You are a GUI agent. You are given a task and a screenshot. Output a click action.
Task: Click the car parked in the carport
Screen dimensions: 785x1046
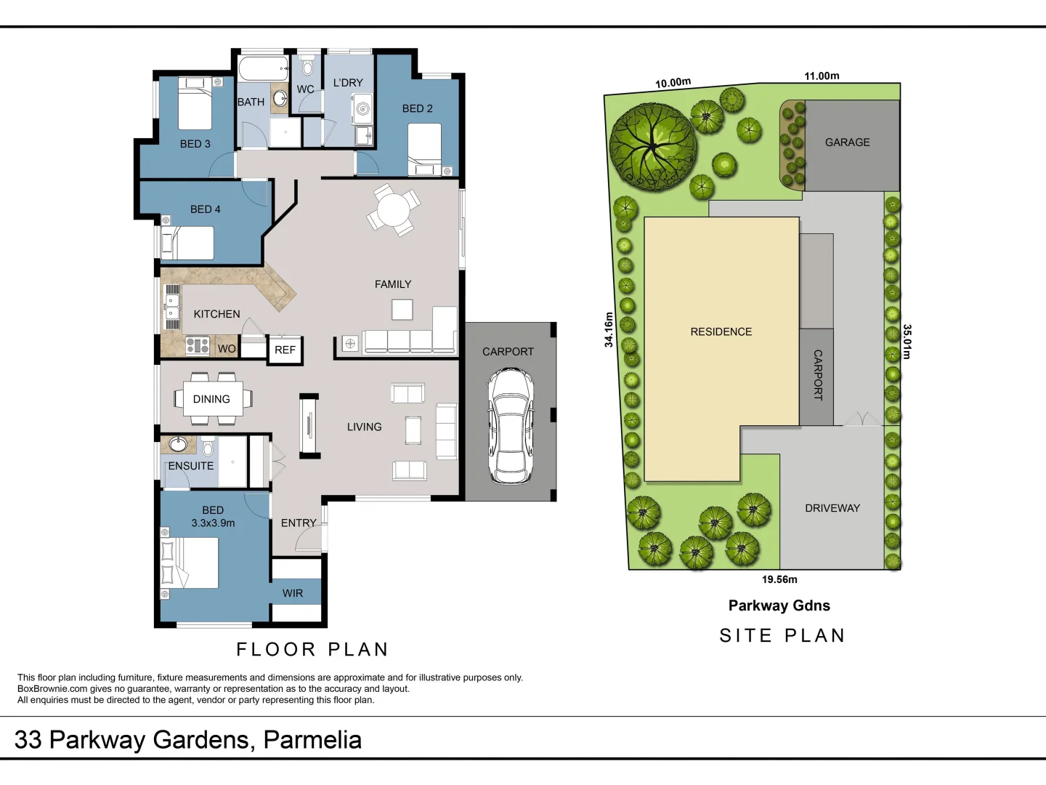[x=511, y=425]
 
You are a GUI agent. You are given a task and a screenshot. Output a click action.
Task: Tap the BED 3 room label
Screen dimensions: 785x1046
[x=195, y=144]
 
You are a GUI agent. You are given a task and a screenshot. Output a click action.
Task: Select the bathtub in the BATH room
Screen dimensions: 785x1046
[x=263, y=70]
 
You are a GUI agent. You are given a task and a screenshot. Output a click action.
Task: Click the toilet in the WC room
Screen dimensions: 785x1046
[x=307, y=68]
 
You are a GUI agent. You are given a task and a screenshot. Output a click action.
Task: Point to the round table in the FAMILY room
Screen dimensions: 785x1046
[x=393, y=211]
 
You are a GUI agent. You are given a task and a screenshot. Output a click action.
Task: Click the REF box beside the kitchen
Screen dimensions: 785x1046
[x=285, y=350]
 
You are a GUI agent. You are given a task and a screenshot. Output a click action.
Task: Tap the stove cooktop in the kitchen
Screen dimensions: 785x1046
[x=198, y=345]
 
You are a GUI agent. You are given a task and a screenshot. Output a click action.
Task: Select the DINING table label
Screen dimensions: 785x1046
[x=211, y=399]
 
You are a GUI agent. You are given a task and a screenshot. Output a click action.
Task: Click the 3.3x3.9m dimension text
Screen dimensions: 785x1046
[x=213, y=523]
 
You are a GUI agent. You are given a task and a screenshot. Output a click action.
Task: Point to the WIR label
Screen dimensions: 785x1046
[x=293, y=593]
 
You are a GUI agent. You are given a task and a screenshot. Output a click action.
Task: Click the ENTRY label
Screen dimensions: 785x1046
[x=299, y=523]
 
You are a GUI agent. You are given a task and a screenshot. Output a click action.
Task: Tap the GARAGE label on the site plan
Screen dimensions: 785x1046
[x=847, y=142]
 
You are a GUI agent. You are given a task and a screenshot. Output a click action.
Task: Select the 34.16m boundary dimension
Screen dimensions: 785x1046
[x=609, y=329]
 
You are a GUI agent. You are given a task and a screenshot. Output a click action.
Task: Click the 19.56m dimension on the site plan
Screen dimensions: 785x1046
[x=779, y=579]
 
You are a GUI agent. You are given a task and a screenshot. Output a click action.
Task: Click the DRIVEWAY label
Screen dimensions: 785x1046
[x=832, y=508]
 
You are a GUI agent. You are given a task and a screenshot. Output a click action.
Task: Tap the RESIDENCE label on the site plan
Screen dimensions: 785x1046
[x=721, y=331]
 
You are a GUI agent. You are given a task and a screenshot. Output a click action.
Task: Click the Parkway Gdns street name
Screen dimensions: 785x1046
[x=779, y=605]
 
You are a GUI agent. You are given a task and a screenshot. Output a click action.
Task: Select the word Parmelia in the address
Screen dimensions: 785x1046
[x=312, y=740]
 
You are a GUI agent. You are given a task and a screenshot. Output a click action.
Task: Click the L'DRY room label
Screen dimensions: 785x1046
[x=348, y=83]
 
